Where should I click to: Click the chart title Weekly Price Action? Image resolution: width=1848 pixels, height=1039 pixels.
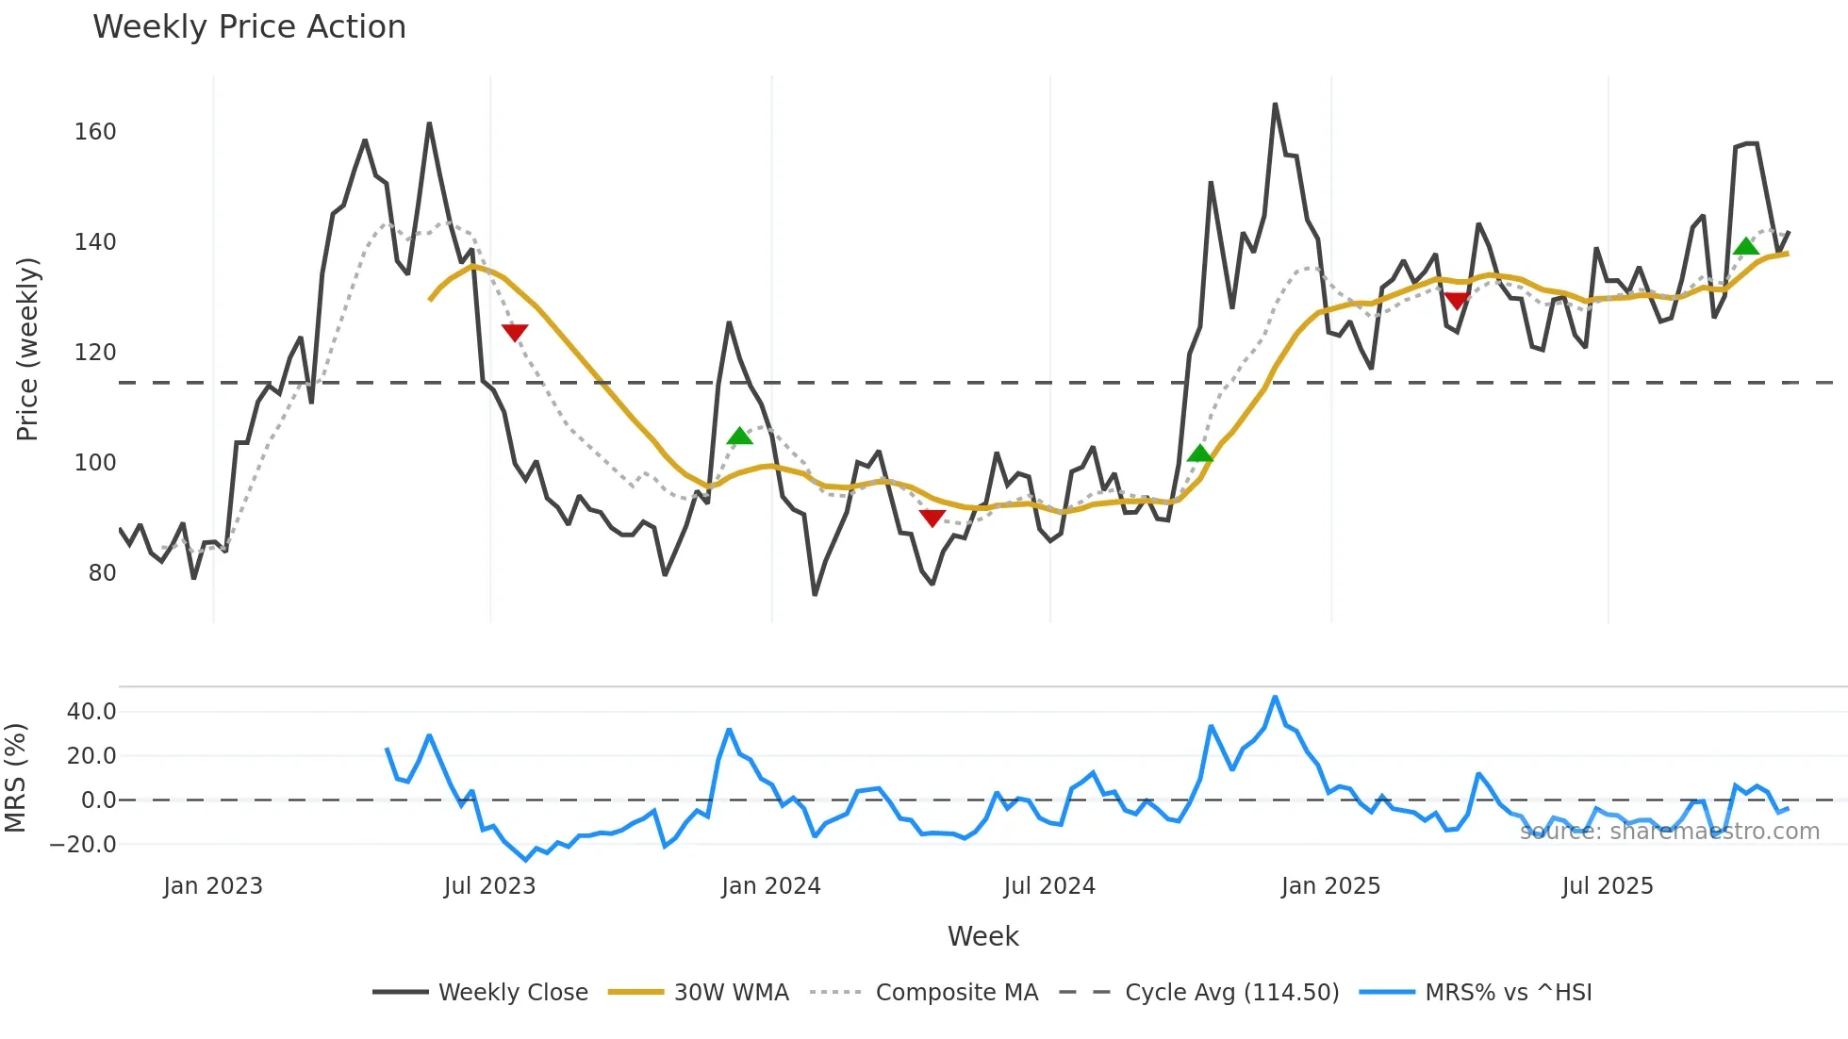coord(249,27)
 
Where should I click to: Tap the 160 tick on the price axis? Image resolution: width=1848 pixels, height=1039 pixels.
coord(95,132)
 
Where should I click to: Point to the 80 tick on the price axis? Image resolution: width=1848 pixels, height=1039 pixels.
coord(102,573)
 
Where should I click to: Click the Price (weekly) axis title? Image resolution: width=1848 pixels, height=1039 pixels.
coord(27,349)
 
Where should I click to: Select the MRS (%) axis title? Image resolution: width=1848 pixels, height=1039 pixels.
coord(15,778)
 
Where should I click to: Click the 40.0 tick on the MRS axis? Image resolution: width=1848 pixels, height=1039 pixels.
coord(91,712)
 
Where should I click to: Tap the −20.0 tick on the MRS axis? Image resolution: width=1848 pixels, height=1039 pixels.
coord(83,845)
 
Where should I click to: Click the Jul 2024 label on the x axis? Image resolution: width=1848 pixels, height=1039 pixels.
coord(1048,886)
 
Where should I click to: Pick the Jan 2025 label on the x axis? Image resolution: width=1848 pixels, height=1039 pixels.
coord(1329,886)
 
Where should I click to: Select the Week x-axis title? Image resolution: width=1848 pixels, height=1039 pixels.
coord(982,936)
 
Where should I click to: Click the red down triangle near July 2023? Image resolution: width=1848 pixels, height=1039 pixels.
coord(515,332)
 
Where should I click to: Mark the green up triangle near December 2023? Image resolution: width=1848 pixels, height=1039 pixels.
coord(740,436)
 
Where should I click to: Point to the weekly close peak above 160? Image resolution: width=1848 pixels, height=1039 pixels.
coord(1275,105)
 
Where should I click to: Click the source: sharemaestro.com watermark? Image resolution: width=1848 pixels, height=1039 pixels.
coord(1669,832)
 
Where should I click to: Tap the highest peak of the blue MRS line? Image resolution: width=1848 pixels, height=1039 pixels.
coord(1275,698)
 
